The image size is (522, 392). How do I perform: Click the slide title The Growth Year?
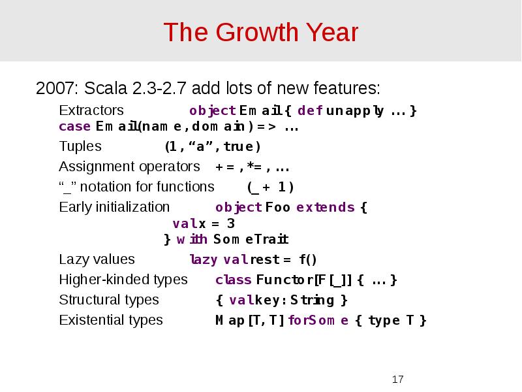(x=260, y=32)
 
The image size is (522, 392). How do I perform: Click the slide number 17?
(x=398, y=380)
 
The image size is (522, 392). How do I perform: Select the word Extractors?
(x=91, y=110)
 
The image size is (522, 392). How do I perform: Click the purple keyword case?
(x=74, y=127)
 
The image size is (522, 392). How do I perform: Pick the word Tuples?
(x=80, y=146)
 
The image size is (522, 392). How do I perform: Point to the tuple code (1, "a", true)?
(x=212, y=146)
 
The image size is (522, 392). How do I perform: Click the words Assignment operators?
(x=129, y=166)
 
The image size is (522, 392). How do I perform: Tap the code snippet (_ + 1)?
(x=270, y=188)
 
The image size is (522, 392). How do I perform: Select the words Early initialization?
(x=114, y=207)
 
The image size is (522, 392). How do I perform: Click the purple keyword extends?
(x=325, y=208)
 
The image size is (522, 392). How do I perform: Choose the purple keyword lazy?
(x=203, y=260)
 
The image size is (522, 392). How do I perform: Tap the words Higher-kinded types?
(x=123, y=280)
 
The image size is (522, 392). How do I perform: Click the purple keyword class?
(x=233, y=280)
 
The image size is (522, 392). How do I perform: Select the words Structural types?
(x=109, y=300)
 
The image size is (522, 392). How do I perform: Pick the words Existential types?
(x=111, y=320)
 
